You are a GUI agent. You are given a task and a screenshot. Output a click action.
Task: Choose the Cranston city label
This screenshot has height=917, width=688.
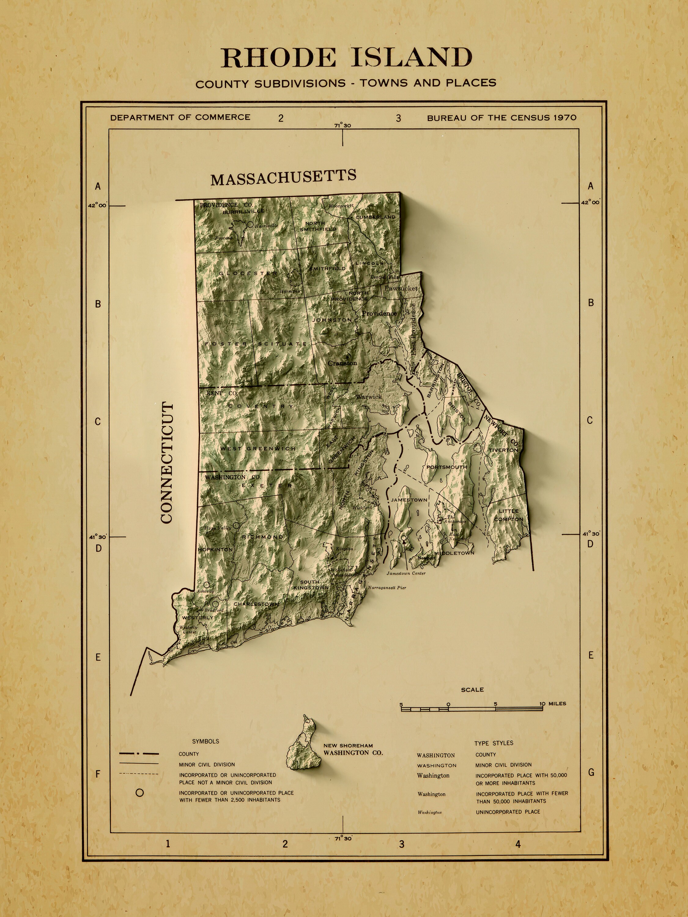pos(342,363)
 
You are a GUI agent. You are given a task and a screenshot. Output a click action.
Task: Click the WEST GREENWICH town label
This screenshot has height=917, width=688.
pos(258,448)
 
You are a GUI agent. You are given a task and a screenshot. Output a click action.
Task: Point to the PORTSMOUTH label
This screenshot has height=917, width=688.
pos(447,467)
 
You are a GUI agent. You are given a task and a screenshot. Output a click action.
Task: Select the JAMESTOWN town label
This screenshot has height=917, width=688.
pos(409,500)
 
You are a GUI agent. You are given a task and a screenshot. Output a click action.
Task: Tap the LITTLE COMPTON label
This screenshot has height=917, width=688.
pos(509,515)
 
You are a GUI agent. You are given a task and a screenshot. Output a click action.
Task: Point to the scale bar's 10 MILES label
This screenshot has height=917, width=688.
pos(553,704)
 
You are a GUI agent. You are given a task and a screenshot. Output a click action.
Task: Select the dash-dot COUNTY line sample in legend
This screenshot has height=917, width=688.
pos(139,754)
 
